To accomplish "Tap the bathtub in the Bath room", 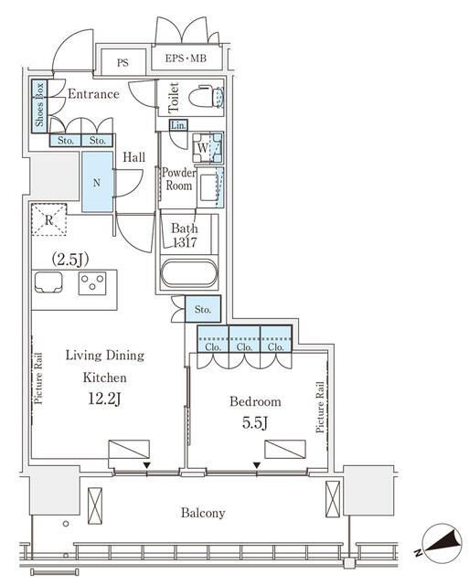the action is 189,273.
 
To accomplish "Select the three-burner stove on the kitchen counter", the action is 92,283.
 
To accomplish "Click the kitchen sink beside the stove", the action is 48,282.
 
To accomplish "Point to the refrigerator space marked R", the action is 48,219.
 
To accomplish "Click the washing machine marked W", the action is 208,148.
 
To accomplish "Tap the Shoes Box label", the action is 39,105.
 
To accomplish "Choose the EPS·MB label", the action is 186,58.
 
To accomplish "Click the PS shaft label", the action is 123,62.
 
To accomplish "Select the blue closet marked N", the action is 97,182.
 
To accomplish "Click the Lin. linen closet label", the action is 178,125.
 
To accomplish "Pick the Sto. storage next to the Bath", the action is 203,309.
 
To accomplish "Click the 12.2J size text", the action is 104,399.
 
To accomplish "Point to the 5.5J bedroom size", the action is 255,423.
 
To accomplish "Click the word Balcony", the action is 203,513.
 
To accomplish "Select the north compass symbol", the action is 440,543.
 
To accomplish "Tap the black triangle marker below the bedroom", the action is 257,465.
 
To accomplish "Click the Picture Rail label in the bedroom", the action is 320,407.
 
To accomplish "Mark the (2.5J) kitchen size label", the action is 70,260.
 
